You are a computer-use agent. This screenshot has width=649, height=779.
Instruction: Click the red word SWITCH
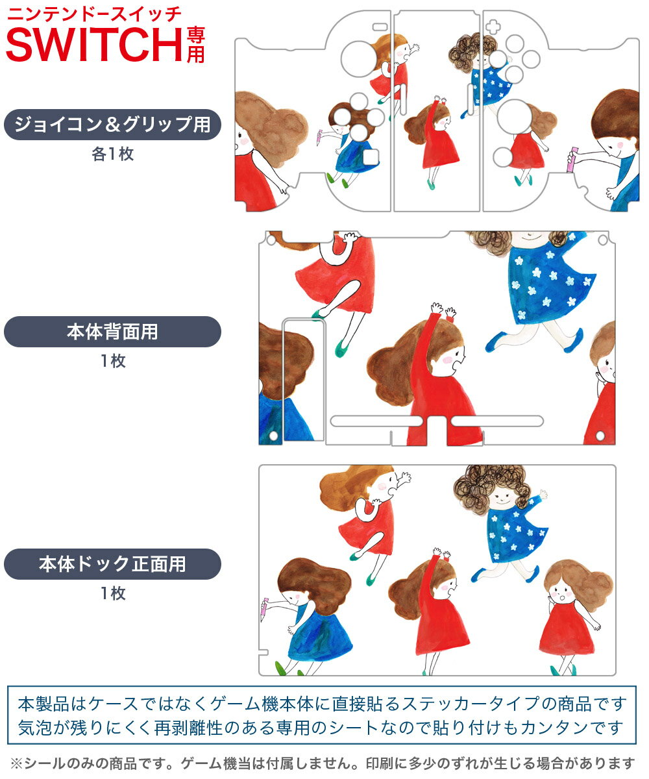[x=94, y=44]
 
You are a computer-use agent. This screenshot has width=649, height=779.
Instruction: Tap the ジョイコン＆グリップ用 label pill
[x=112, y=125]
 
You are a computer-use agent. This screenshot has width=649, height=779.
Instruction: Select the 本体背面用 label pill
[x=112, y=332]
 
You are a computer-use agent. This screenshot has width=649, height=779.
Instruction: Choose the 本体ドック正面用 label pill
[x=112, y=564]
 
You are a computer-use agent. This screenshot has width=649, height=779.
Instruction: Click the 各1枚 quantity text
[x=113, y=154]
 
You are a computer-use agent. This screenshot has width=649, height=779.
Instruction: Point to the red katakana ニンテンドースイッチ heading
[x=94, y=14]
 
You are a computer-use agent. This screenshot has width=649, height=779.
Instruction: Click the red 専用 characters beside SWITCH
[x=195, y=45]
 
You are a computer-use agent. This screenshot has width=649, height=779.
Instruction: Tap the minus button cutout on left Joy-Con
[x=380, y=27]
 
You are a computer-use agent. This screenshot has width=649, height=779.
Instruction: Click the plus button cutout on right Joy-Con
[x=493, y=27]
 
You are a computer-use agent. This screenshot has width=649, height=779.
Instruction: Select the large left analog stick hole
[x=358, y=59]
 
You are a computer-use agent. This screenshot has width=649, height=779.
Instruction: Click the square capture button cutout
[x=371, y=156]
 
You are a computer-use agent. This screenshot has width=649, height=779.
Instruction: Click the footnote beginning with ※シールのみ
[x=323, y=763]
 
